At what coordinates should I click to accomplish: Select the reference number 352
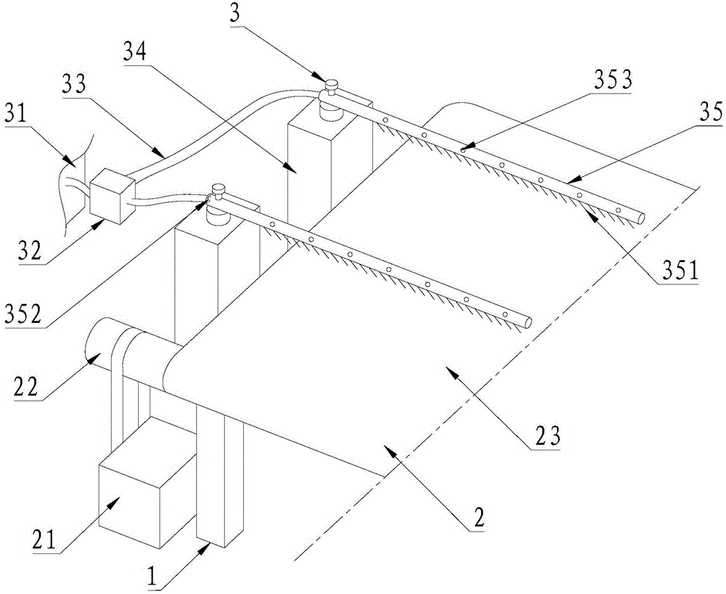click(x=23, y=313)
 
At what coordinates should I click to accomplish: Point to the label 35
click(x=710, y=112)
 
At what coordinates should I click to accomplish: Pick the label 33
click(x=76, y=85)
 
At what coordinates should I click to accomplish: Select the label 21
click(x=45, y=538)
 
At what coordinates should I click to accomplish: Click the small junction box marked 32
click(x=113, y=195)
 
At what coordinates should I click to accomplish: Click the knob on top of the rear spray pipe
click(x=331, y=85)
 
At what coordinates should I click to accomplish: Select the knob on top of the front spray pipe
click(x=218, y=190)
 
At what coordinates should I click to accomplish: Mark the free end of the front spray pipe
click(x=526, y=323)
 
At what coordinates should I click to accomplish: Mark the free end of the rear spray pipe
click(x=640, y=218)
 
